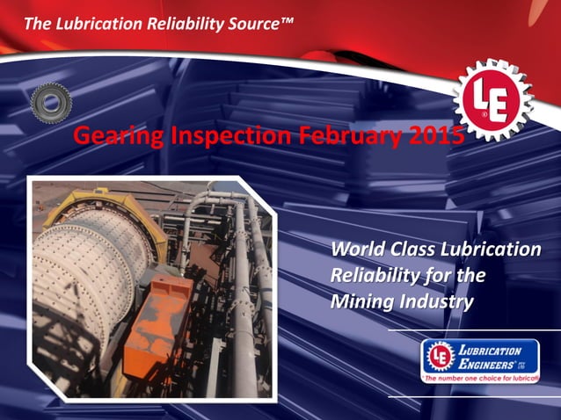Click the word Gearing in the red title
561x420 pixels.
point(109,136)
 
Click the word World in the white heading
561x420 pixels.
point(354,250)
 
